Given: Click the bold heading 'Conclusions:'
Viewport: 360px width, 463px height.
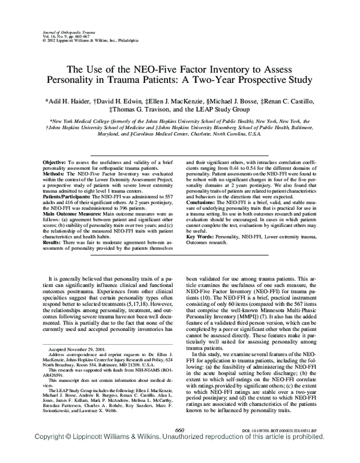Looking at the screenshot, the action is click(205, 203).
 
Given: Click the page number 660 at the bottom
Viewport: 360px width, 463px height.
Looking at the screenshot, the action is click(178, 446).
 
